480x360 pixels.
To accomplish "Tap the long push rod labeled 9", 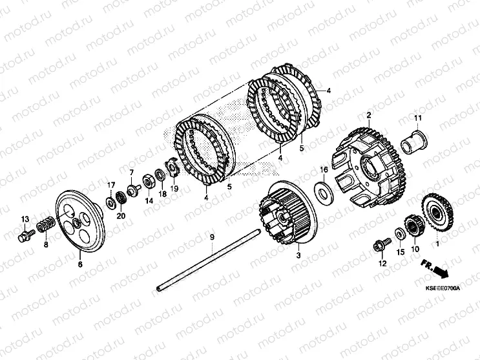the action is click(208, 259).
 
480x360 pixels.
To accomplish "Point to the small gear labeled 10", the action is click(414, 227).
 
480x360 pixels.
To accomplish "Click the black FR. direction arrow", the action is click(435, 269).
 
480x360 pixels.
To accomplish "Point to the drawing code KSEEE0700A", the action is click(443, 288).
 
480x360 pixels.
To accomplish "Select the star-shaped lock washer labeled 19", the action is click(173, 168).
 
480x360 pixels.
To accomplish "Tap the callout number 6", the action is click(80, 264).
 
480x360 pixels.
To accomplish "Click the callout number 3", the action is click(298, 255).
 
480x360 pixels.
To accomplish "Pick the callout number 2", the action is click(369, 115).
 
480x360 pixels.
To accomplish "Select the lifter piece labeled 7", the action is click(134, 190).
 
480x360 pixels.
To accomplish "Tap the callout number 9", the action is click(212, 237).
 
